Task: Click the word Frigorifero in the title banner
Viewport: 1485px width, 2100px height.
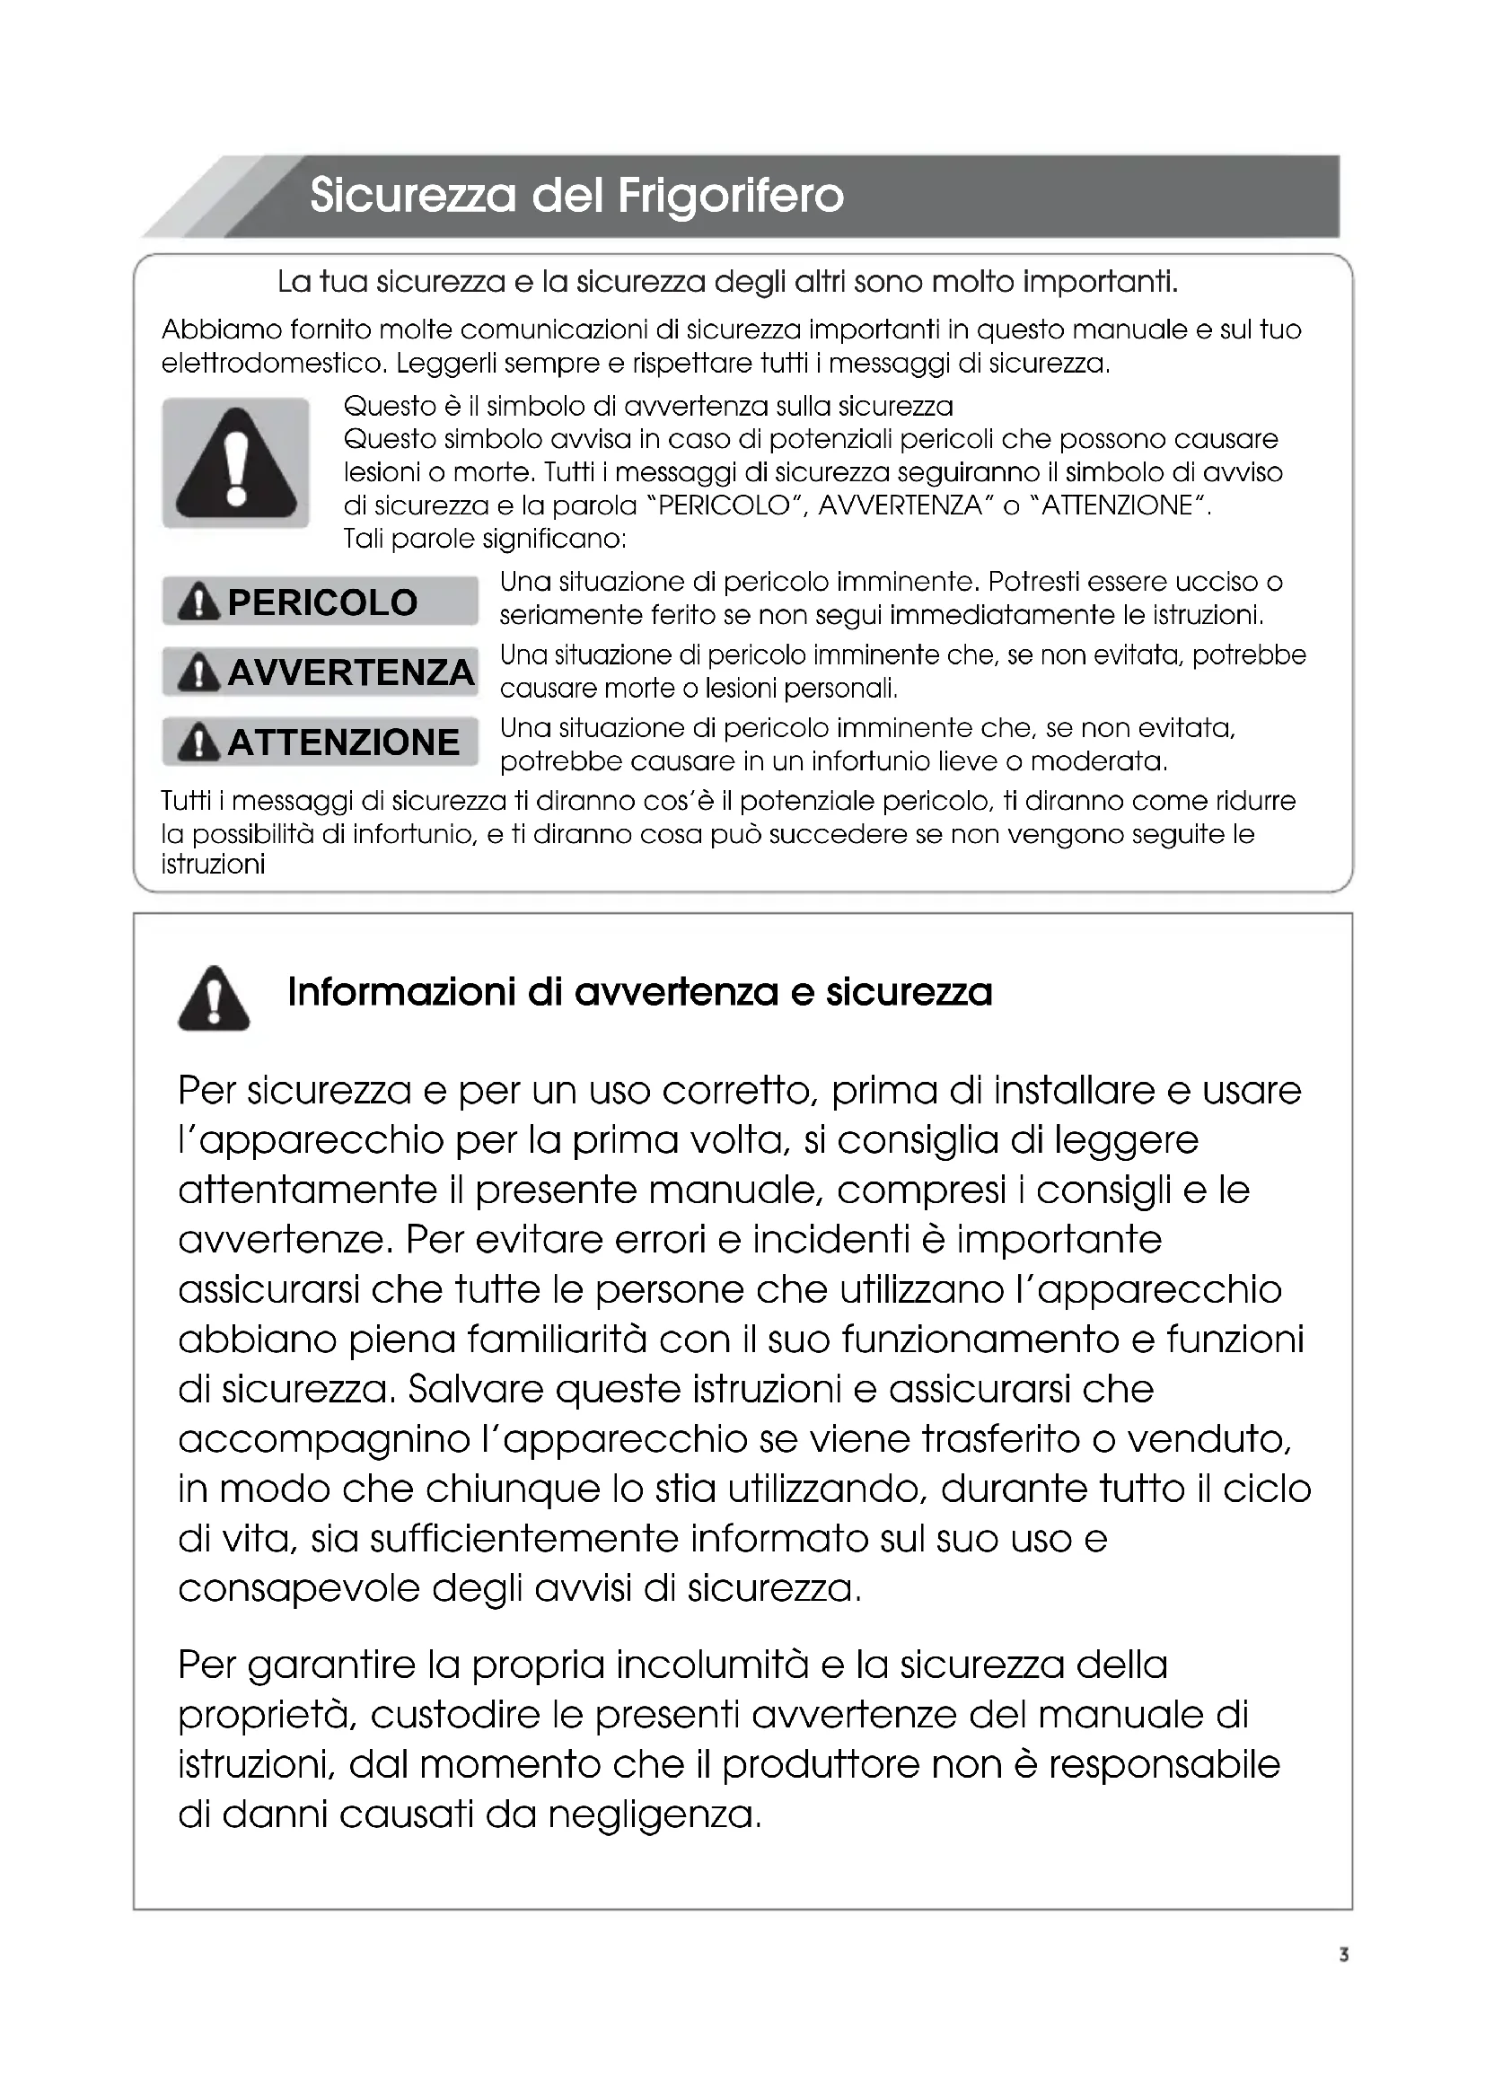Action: pyautogui.click(x=731, y=196)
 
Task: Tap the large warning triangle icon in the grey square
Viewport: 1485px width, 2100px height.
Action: pyautogui.click(x=236, y=463)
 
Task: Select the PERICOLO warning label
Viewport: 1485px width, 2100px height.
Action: pyautogui.click(x=320, y=602)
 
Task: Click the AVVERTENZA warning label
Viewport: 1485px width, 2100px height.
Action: pyautogui.click(x=320, y=672)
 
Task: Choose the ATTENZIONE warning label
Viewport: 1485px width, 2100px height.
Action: pyautogui.click(x=320, y=742)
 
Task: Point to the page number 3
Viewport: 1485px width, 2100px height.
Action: pyautogui.click(x=1343, y=1955)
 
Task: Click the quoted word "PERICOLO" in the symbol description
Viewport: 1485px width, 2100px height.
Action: pyautogui.click(x=724, y=505)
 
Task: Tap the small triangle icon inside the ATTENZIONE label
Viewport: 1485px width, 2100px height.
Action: pyautogui.click(x=198, y=742)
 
